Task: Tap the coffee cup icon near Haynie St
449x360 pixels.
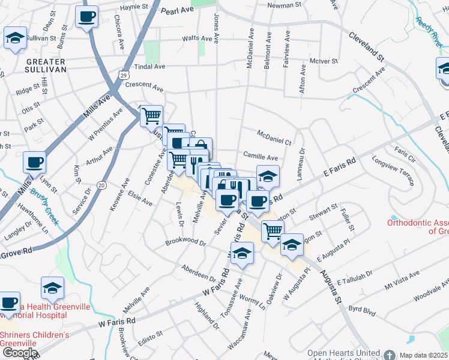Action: [x=87, y=16]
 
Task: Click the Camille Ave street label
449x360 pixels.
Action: [x=260, y=157]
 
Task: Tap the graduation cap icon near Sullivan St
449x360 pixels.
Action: [x=15, y=39]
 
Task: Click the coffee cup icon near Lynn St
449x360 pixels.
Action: [x=34, y=163]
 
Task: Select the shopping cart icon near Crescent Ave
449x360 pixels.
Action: [x=151, y=115]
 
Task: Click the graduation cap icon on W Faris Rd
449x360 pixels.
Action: [x=242, y=254]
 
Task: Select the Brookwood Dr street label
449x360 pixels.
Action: [x=186, y=244]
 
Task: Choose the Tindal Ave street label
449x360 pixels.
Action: [x=150, y=67]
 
